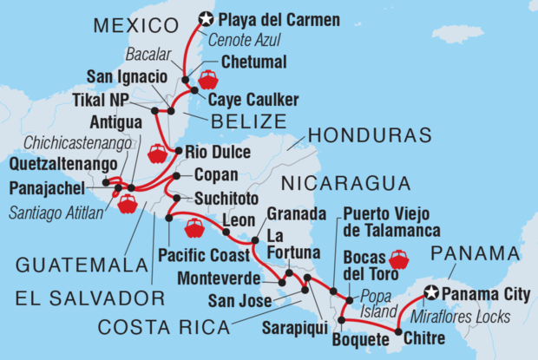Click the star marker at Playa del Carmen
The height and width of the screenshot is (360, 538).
point(206,16)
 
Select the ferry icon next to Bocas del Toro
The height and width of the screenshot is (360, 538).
point(399,259)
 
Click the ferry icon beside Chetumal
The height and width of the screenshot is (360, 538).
point(208,82)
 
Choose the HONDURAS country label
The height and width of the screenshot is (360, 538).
point(370,136)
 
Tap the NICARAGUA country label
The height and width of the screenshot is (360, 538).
point(344,183)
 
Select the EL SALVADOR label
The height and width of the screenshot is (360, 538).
point(89,299)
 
